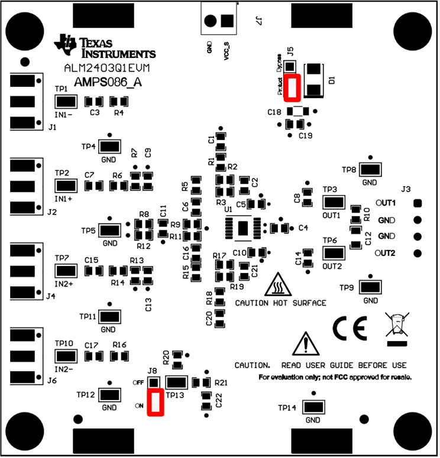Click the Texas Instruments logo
click(65, 43)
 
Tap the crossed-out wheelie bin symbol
click(397, 326)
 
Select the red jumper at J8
click(156, 402)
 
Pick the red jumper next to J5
click(292, 87)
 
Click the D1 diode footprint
click(313, 80)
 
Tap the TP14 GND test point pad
click(313, 407)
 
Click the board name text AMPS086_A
click(108, 83)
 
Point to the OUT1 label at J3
click(387, 203)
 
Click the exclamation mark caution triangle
click(305, 343)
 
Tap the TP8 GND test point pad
click(369, 170)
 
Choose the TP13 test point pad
click(177, 382)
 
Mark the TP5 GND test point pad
click(111, 230)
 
